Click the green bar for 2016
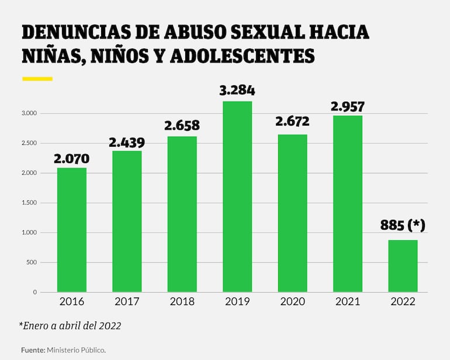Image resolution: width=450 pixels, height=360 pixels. pyautogui.click(x=71, y=230)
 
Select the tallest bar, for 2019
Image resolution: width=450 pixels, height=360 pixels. pyautogui.click(x=237, y=196)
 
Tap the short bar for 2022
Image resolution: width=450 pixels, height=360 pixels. pyautogui.click(x=403, y=266)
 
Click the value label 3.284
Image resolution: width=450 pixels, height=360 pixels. pyautogui.click(x=237, y=91)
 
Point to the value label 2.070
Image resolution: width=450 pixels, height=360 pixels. pyautogui.click(x=71, y=157)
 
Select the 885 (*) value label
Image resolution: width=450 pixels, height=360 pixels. pyautogui.click(x=403, y=225)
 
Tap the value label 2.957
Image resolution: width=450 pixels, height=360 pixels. pyautogui.click(x=347, y=106)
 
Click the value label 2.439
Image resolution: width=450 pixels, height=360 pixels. pyautogui.click(x=127, y=142)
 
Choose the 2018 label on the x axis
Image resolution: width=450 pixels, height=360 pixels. pyautogui.click(x=182, y=302)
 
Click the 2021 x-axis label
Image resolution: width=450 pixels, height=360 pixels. pyautogui.click(x=347, y=302)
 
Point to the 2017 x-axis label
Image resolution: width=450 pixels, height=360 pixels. pyautogui.click(x=127, y=302)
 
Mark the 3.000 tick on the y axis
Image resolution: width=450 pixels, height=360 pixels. pyautogui.click(x=29, y=113)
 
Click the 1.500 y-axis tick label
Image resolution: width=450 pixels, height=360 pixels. pyautogui.click(x=29, y=203)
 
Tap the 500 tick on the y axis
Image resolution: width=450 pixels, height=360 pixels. pyautogui.click(x=32, y=262)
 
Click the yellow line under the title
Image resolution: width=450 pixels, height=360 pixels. pyautogui.click(x=37, y=78)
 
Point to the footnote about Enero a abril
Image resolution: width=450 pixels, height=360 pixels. pyautogui.click(x=70, y=326)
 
